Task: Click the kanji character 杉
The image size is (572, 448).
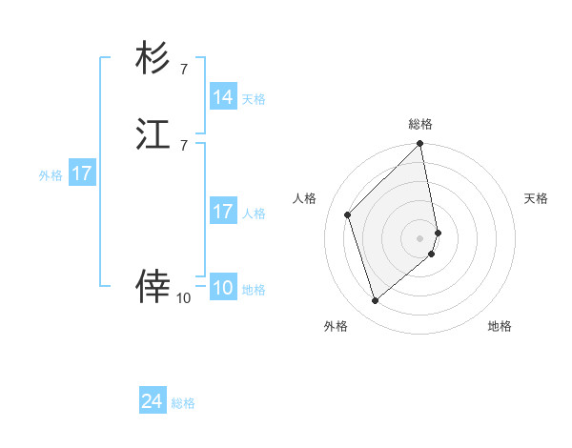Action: (x=153, y=59)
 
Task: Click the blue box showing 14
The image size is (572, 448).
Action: (x=223, y=97)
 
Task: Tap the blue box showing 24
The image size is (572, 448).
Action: (x=153, y=402)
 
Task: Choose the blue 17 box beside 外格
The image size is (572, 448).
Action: (x=82, y=174)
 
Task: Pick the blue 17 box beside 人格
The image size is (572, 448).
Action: (x=223, y=212)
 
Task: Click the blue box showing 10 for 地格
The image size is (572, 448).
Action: (x=223, y=288)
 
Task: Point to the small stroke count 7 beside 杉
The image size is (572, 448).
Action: (x=183, y=69)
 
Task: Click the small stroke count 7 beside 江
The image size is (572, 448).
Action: (x=183, y=145)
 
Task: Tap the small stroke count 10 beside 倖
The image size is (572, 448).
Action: (x=183, y=298)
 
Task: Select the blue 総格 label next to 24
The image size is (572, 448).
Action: (x=183, y=403)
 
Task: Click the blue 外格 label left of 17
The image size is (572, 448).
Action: (x=51, y=175)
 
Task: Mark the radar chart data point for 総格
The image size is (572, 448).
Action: (x=420, y=145)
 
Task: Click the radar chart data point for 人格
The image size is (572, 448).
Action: (x=348, y=214)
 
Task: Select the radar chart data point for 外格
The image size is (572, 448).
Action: (x=376, y=301)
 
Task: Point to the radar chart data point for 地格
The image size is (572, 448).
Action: (x=432, y=254)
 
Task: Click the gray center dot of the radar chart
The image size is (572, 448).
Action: (x=420, y=237)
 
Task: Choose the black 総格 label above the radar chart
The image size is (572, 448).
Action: (x=420, y=124)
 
